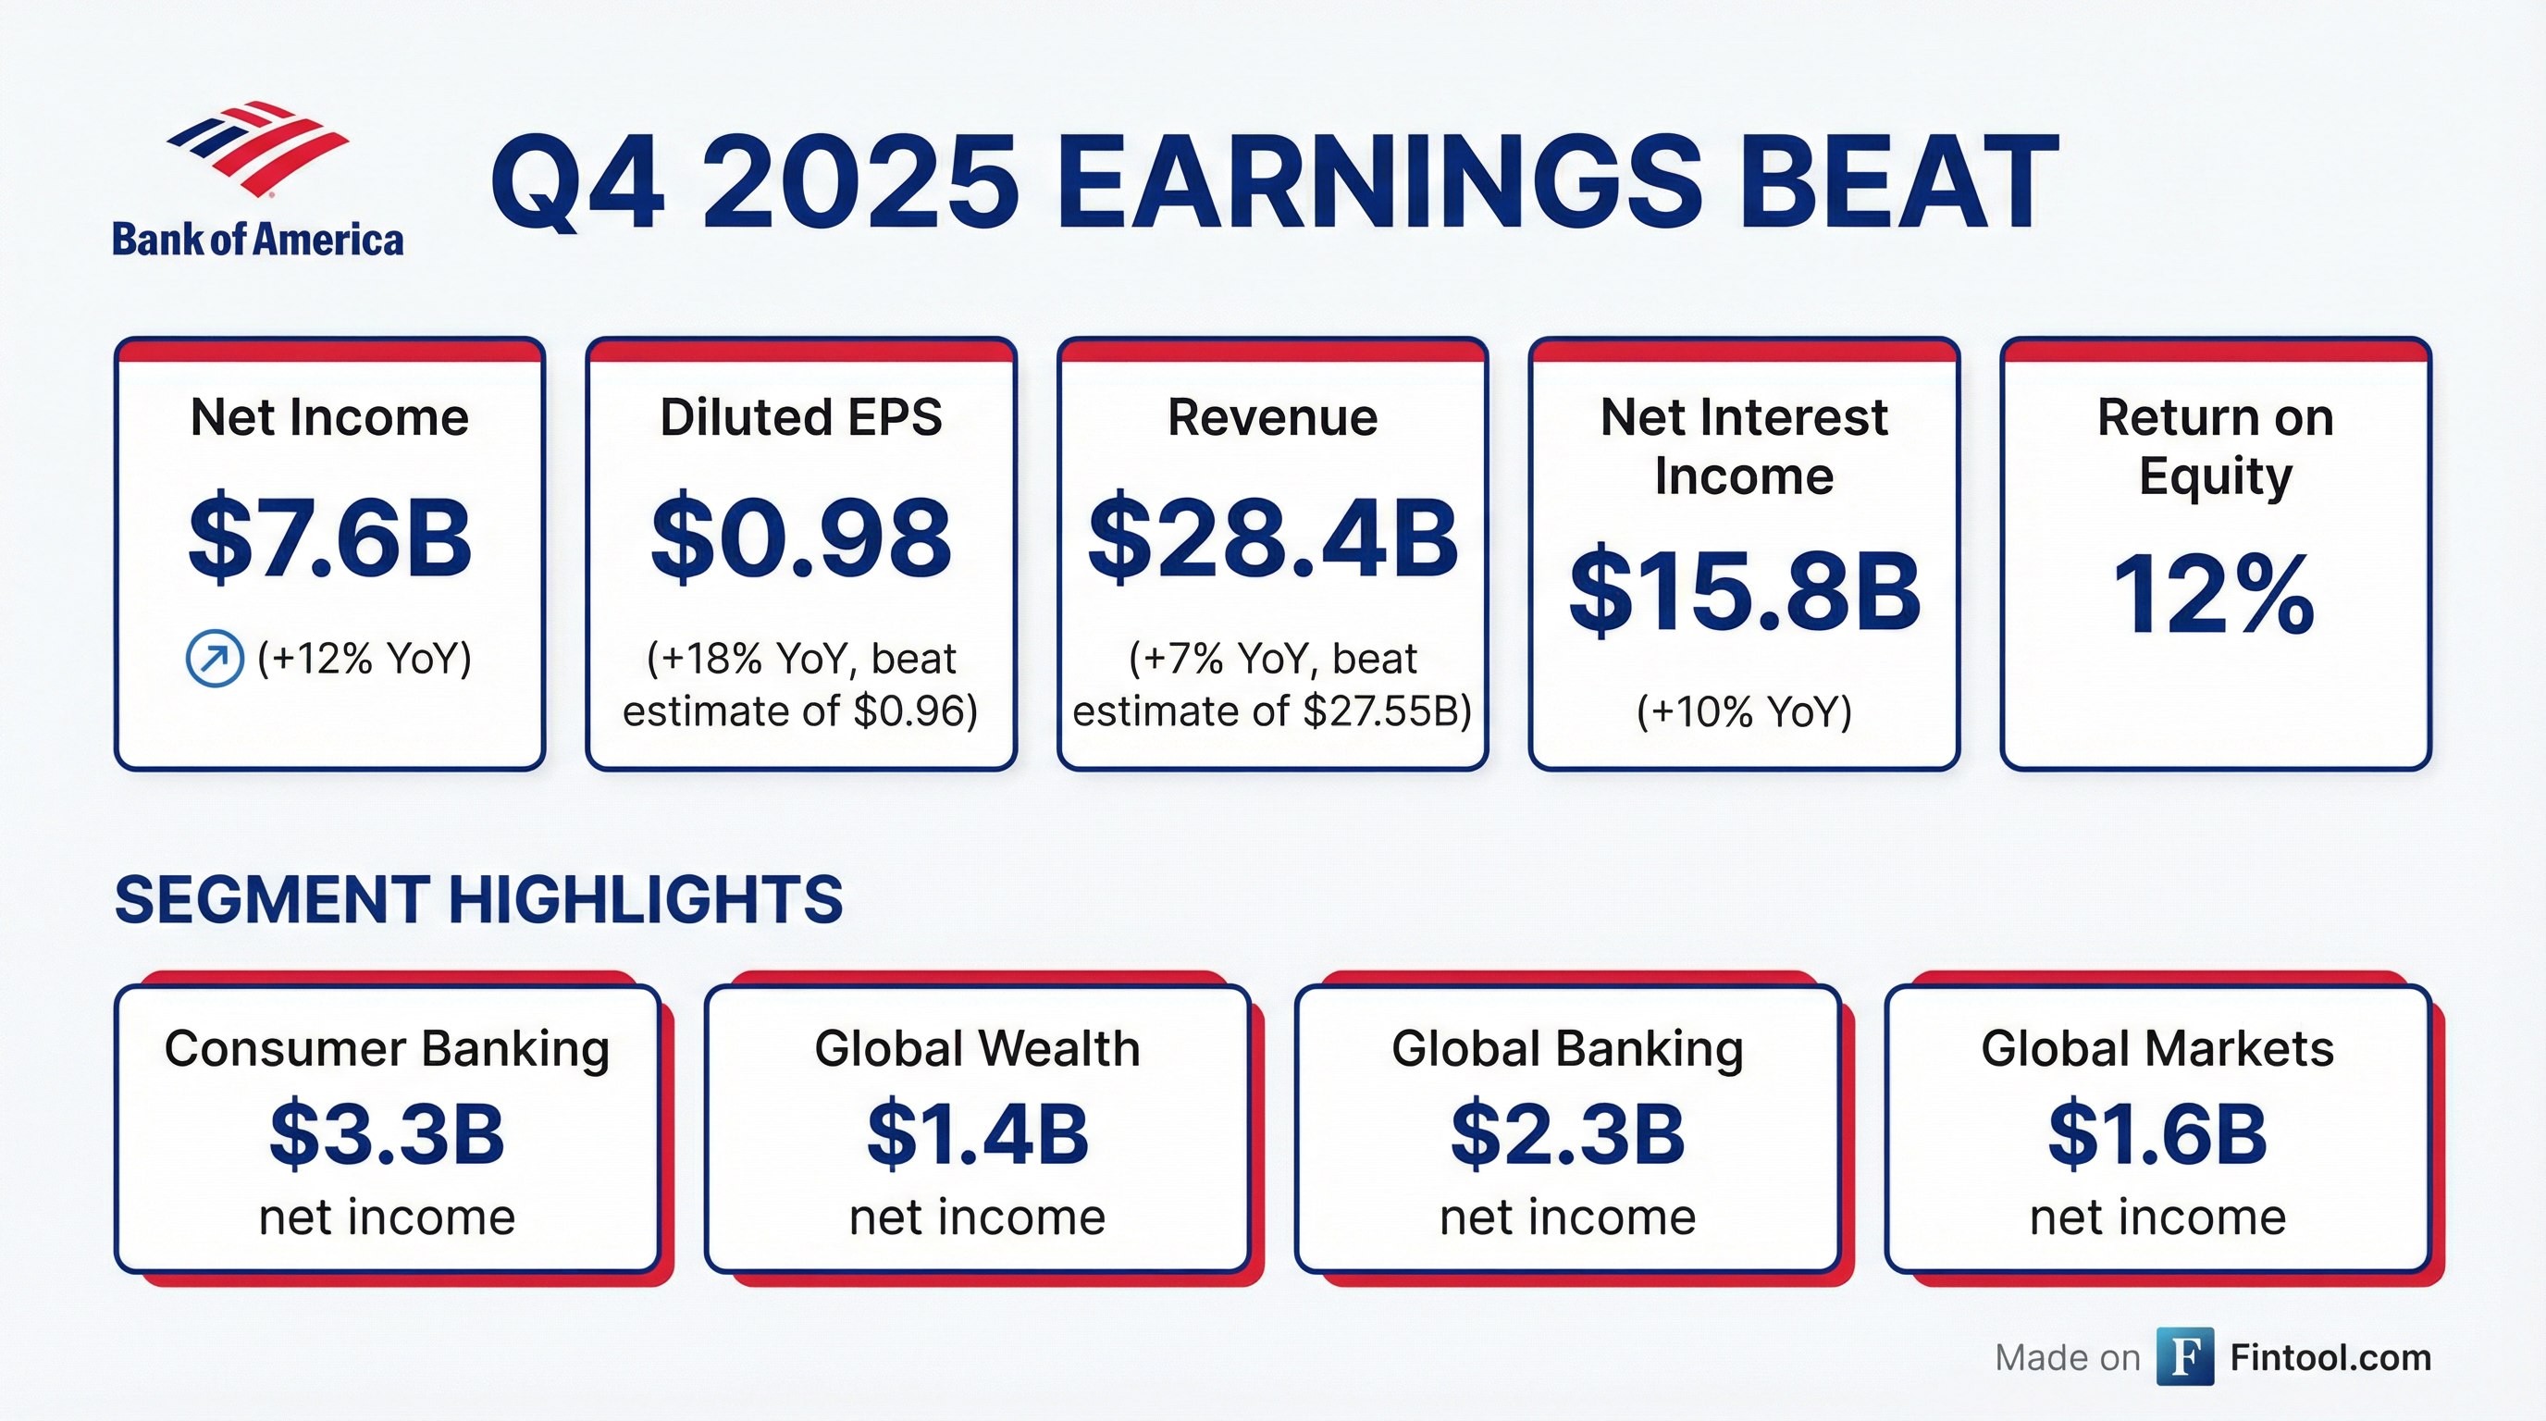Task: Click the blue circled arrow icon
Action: click(x=215, y=658)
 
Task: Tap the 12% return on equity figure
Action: click(x=2214, y=595)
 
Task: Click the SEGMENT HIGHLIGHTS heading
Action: click(x=478, y=900)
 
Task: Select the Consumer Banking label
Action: click(x=387, y=1048)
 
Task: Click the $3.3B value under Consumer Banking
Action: click(x=387, y=1134)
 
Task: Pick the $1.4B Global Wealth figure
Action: click(x=977, y=1134)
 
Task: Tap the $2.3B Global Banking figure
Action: click(x=1566, y=1134)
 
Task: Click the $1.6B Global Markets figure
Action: click(x=2157, y=1134)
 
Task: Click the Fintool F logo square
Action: click(x=2184, y=1357)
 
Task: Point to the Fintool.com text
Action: click(x=2330, y=1358)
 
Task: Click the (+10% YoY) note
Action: click(x=1744, y=711)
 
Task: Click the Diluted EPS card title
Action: click(x=800, y=417)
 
